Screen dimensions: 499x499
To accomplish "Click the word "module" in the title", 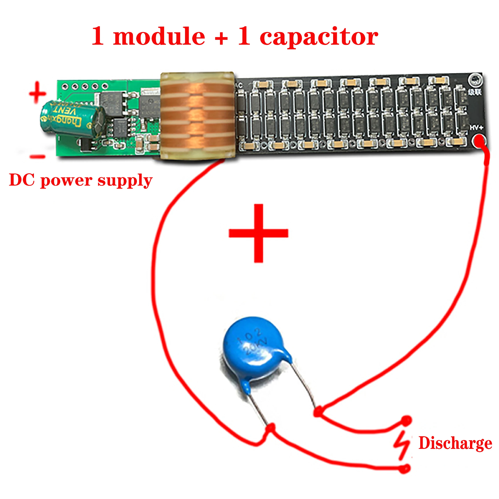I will pos(159,37).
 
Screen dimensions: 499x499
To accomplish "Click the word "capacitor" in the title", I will pos(319,37).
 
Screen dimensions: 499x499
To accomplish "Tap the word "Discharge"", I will pos(455,443).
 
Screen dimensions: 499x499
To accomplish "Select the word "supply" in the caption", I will pos(125,181).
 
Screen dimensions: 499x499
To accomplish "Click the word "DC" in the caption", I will pos(22,180).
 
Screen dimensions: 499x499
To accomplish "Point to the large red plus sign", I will pos(258,233).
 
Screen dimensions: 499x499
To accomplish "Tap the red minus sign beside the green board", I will pos(38,156).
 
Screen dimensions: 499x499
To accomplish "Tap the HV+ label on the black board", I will pos(476,128).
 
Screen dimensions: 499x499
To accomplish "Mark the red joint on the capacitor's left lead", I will pos(271,428).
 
